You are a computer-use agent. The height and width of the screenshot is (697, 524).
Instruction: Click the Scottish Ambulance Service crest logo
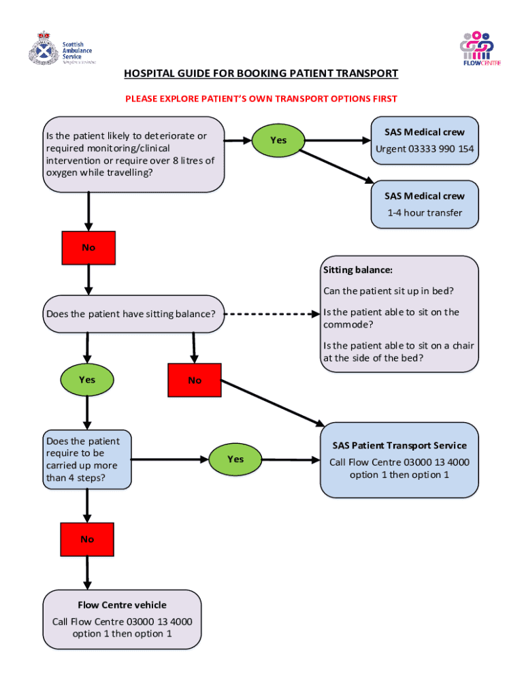coord(44,49)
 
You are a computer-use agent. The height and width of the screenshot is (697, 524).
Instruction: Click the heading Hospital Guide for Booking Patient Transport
coord(261,74)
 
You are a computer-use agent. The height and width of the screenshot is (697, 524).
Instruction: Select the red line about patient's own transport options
coord(261,99)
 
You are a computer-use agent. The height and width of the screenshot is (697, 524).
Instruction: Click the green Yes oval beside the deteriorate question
coord(278,140)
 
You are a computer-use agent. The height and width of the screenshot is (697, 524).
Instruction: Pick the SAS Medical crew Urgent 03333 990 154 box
coord(425,141)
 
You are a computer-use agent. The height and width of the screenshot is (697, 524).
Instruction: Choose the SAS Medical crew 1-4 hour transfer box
coord(425,204)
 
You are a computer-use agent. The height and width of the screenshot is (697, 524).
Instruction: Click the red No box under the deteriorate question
coord(88,248)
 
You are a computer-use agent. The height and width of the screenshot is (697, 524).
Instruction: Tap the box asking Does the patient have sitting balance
coord(133,314)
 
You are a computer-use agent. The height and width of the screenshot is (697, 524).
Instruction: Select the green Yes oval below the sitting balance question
coord(87,380)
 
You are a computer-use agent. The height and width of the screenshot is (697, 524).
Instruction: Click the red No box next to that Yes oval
coord(195,380)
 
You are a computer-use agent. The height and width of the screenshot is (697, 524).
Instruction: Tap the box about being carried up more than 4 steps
coord(86,459)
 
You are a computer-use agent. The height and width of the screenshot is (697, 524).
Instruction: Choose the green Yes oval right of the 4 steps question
coord(235,459)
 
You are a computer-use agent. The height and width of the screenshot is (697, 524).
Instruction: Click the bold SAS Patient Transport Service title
coord(399,446)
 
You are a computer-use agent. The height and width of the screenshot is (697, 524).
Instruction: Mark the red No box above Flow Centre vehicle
coord(87,539)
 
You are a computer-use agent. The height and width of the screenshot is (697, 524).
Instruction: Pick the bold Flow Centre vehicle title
coord(122,605)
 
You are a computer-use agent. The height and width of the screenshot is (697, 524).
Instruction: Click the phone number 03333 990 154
coord(441,149)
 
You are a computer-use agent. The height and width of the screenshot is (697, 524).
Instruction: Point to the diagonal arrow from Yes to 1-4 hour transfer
coord(334,165)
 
